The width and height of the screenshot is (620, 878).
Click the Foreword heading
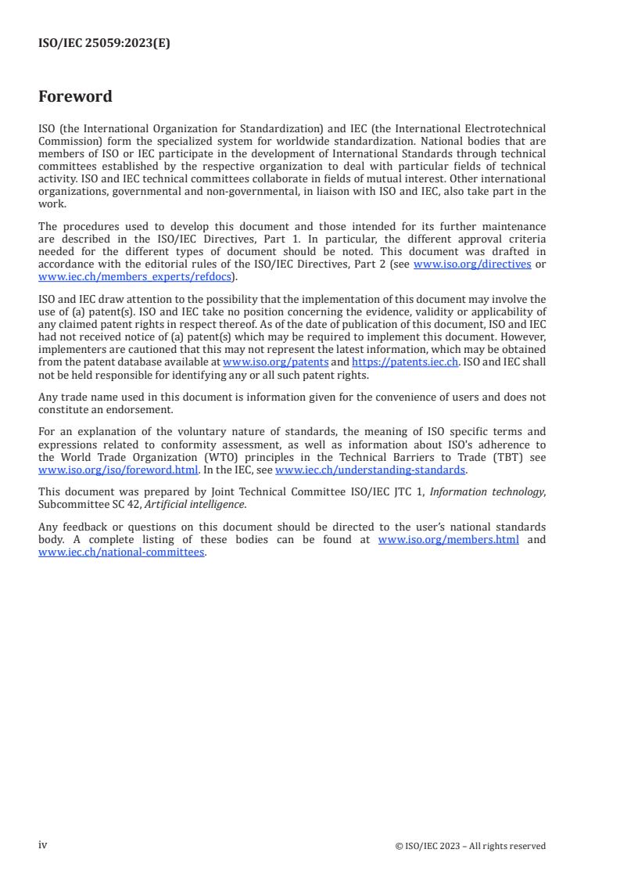pos(75,97)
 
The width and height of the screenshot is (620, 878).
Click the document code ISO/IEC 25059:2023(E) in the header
pos(104,44)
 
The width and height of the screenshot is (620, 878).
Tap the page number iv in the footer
pos(43,845)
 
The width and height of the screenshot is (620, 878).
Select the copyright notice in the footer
pos(471,846)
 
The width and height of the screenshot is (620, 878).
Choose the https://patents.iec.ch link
pos(405,362)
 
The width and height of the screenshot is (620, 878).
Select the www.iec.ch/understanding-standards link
pos(371,470)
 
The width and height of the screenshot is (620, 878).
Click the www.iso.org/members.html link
pos(448,540)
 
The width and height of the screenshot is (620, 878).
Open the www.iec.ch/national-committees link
pos(121,551)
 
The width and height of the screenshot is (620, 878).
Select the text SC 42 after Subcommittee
pos(114,505)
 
